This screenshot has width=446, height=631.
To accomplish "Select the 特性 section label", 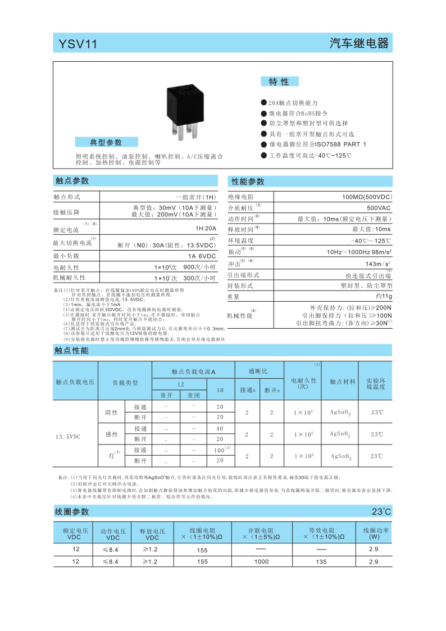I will click(x=279, y=82).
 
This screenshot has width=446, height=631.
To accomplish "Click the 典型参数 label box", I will click(x=106, y=142).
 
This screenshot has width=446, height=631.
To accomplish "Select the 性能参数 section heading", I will click(x=248, y=181).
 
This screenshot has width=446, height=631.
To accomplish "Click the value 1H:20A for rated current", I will click(x=205, y=229).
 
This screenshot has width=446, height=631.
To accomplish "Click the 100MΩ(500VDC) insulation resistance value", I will click(x=366, y=197).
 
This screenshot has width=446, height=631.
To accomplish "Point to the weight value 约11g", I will click(x=383, y=296).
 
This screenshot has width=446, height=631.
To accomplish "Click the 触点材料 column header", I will click(x=342, y=382).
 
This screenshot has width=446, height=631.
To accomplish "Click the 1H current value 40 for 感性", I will click(x=220, y=428).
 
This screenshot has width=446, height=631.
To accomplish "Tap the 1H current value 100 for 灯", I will click(x=220, y=451).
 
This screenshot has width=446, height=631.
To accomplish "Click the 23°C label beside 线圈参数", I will click(x=381, y=512).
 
